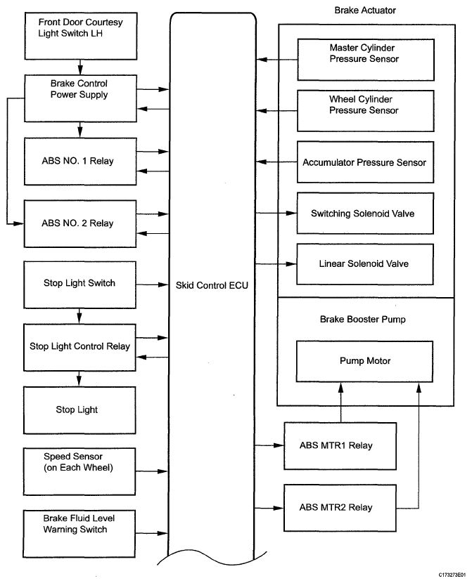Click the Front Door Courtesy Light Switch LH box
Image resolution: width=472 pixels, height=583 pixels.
tap(81, 36)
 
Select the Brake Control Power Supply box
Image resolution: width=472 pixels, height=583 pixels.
tap(80, 98)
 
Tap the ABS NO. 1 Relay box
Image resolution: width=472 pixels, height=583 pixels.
tap(80, 162)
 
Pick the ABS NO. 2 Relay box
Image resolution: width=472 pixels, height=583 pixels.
tap(80, 224)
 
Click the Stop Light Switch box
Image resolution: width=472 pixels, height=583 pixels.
tap(79, 284)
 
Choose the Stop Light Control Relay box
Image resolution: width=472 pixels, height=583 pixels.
tap(79, 348)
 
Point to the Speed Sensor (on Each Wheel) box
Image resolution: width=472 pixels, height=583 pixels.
tap(79, 471)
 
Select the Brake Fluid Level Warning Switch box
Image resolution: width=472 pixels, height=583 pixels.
tap(79, 534)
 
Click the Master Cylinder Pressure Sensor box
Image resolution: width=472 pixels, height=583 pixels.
tap(366, 60)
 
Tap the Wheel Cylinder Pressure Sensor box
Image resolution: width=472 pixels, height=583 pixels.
tap(366, 111)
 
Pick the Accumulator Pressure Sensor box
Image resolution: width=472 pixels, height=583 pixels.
tap(365, 162)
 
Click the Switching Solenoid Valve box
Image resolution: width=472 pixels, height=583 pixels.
tap(365, 213)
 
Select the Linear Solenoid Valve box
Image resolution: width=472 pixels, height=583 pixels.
tap(365, 264)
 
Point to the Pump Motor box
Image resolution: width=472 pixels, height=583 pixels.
tap(364, 362)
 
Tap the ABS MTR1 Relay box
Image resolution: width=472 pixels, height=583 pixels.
tap(340, 446)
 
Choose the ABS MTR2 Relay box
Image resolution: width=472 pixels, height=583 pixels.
tap(340, 508)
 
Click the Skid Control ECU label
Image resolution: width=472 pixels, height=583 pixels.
tap(212, 285)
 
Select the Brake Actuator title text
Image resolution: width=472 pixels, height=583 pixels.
tap(365, 11)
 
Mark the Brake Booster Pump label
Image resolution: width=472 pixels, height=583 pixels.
tap(363, 320)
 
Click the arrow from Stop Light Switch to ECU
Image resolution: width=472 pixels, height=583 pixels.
tap(152, 284)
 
